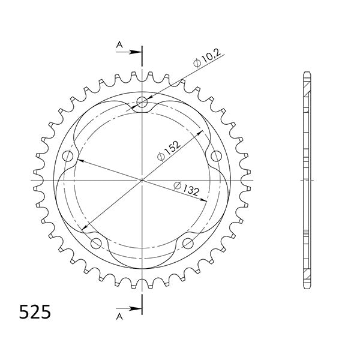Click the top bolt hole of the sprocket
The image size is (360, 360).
[142, 101]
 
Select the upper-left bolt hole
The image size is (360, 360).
[67, 156]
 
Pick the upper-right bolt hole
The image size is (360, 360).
[216, 156]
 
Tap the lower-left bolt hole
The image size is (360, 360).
[95, 243]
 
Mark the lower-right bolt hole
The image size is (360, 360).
[188, 243]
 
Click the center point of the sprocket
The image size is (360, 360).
[142, 179]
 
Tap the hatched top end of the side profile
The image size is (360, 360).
[307, 84]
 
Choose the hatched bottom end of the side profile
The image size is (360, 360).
[307, 276]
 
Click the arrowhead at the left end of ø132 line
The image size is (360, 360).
[78, 161]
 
